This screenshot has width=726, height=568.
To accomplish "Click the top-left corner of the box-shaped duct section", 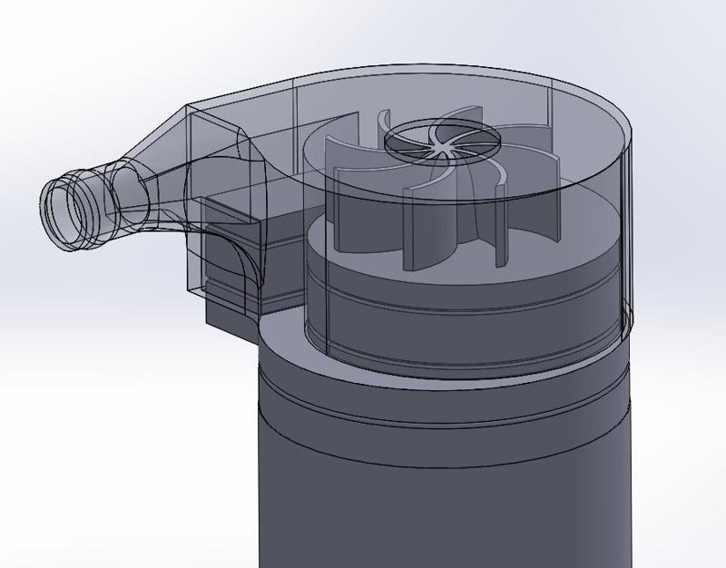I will coord(189,106).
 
